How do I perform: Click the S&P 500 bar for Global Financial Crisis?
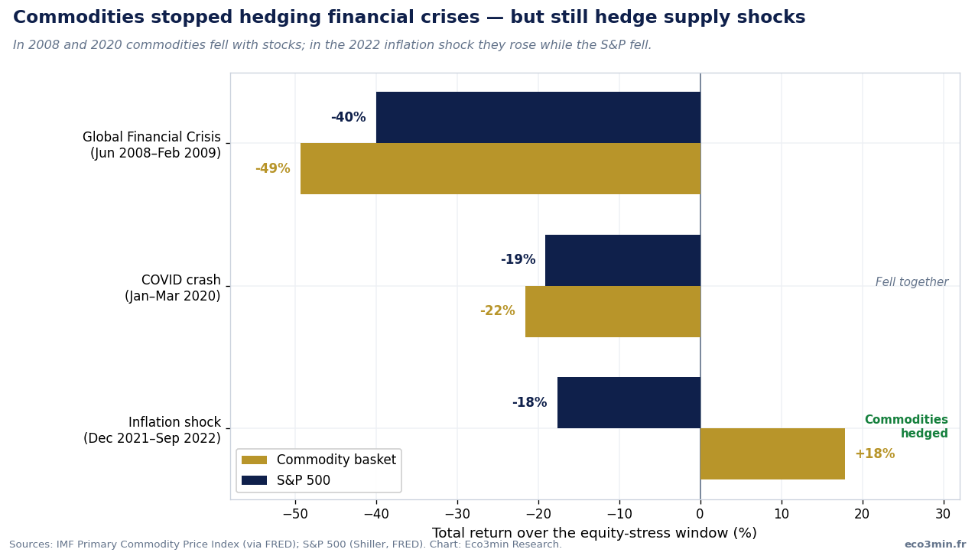pos(538,117)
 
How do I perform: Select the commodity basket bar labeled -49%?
pos(501,168)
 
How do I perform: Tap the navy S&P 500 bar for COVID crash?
pos(623,260)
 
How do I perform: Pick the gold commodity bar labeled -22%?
pos(613,311)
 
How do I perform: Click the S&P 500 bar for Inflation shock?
pos(629,403)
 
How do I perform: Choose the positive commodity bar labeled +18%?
pos(772,453)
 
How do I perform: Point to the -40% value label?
pos(348,117)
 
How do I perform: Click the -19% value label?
pos(518,259)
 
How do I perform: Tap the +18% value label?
pos(875,453)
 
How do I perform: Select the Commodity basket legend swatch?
pos(254,460)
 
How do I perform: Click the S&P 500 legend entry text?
pos(304,480)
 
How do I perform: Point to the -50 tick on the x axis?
pos(295,514)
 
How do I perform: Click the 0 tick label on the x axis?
pos(700,514)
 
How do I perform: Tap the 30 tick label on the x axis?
pos(943,514)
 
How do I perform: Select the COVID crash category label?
pos(173,288)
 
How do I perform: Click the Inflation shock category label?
pos(152,430)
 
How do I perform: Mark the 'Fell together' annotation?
pos(912,282)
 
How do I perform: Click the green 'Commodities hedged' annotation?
pos(906,427)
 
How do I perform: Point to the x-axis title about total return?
pos(594,533)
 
